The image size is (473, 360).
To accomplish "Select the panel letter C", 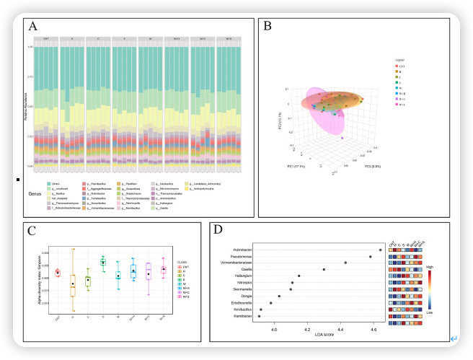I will (32, 231).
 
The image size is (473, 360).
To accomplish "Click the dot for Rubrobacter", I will (381, 250).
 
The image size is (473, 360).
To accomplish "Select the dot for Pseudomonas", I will (370, 256).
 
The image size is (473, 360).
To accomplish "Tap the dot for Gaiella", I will (324, 269).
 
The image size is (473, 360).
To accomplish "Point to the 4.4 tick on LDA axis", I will (341, 329).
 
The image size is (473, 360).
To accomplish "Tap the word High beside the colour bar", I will (430, 267).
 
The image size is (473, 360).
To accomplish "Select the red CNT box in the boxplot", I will (58, 273).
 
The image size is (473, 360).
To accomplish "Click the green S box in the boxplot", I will (103, 262).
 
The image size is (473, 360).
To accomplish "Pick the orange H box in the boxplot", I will (73, 286).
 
